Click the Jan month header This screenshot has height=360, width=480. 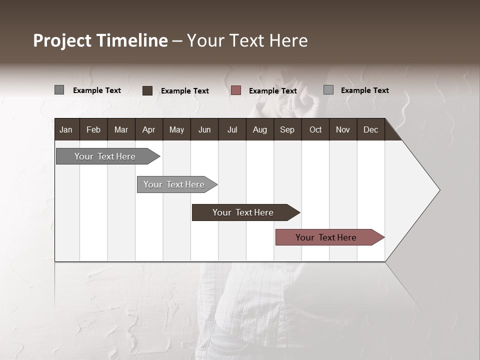click(x=66, y=129)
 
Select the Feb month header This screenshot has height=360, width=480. click(x=93, y=129)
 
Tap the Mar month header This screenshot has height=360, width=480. click(x=121, y=129)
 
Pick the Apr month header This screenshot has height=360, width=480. click(x=149, y=129)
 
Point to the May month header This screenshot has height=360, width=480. click(x=176, y=129)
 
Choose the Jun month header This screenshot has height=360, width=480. click(x=204, y=129)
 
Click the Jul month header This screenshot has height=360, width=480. click(x=232, y=129)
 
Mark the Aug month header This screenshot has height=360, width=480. click(x=260, y=129)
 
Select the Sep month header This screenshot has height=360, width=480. click(x=287, y=129)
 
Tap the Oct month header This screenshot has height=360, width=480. click(x=315, y=129)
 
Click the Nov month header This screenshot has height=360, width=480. click(x=343, y=129)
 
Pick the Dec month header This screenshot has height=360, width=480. click(x=371, y=129)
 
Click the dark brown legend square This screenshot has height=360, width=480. click(x=147, y=90)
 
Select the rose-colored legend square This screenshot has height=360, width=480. click(x=236, y=90)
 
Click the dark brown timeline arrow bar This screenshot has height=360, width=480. click(x=243, y=212)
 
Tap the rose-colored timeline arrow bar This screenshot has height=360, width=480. click(x=326, y=237)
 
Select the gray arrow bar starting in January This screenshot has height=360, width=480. click(x=105, y=156)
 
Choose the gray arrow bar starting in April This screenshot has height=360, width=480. click(x=174, y=184)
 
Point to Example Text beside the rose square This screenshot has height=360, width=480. click(x=273, y=91)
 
